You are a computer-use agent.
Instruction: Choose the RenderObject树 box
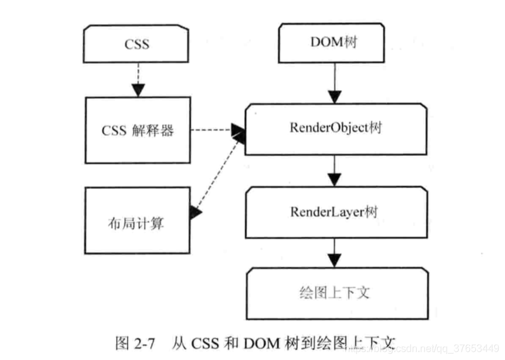336,129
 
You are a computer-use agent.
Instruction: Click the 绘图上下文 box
336,292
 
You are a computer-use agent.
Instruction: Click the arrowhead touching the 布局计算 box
195,212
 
